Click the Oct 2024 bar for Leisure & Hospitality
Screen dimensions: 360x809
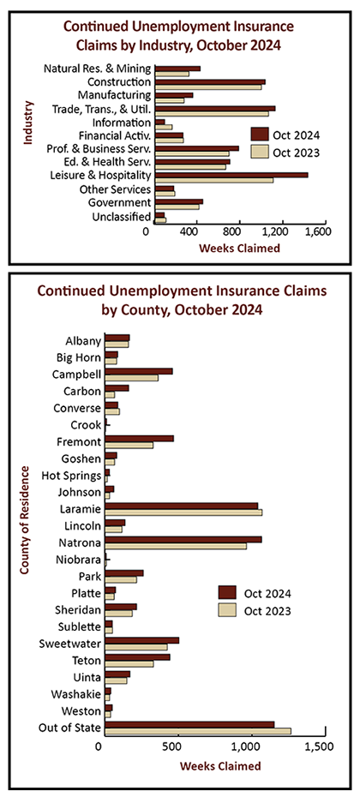pos(231,175)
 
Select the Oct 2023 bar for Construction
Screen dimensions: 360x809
pos(208,87)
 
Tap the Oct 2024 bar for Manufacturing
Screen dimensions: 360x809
pos(174,95)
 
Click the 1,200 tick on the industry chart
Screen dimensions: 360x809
pos(282,232)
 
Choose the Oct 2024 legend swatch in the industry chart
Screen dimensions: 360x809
pos(260,135)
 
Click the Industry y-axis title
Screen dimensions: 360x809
pos(28,123)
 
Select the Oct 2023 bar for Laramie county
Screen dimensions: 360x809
pos(183,512)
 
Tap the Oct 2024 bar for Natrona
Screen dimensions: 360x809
pos(183,539)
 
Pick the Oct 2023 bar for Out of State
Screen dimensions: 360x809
pos(198,730)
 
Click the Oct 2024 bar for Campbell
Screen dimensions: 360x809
pos(139,371)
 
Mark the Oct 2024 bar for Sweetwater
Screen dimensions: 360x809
pos(141,640)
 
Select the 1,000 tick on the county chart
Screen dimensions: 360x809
pos(252,746)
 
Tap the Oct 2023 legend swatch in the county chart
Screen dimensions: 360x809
pos(227,610)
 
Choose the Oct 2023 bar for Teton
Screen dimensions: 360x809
pos(129,663)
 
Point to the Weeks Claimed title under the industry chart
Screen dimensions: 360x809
pos(240,249)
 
